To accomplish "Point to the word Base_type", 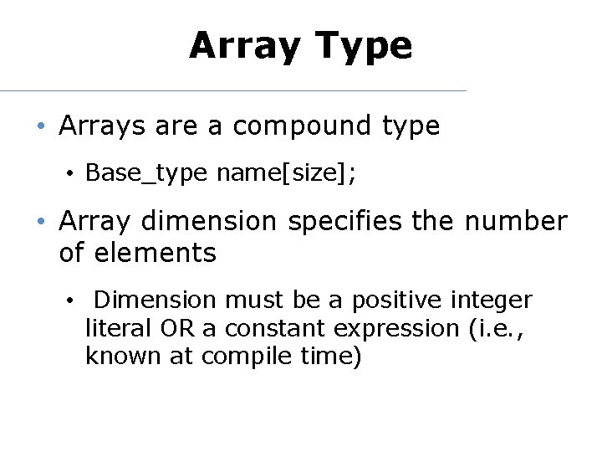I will coord(146,174).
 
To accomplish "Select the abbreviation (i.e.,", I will coord(494,328).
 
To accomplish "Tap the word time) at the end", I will coord(333,357).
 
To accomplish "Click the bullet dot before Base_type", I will coord(73,175).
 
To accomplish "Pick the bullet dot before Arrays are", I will coord(40,127).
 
